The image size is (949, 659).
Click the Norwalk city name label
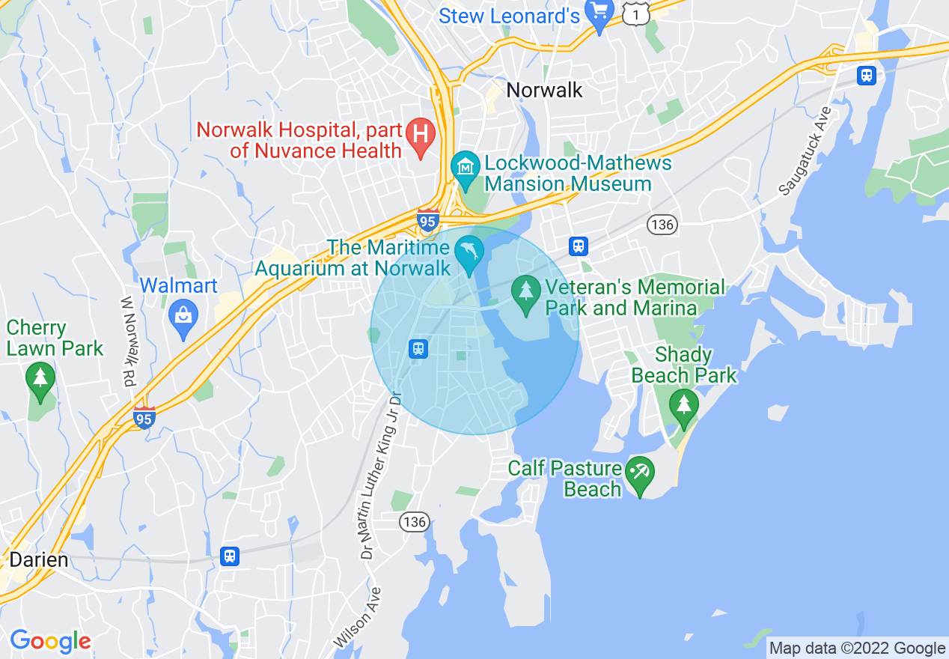coord(544,91)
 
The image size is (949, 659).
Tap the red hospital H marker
coord(421,136)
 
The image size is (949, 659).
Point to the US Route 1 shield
coord(637,13)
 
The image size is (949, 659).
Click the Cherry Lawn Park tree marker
coord(40,379)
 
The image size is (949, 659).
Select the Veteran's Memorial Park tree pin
coord(526,290)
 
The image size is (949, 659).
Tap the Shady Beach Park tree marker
coord(683,405)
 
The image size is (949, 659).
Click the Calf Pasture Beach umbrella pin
coord(640,473)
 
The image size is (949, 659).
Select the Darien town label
coord(38,560)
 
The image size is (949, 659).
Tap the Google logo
coord(50,641)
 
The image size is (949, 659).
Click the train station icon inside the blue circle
coord(418,348)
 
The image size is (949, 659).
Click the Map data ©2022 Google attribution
coord(858,649)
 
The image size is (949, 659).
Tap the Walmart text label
coord(179,286)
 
